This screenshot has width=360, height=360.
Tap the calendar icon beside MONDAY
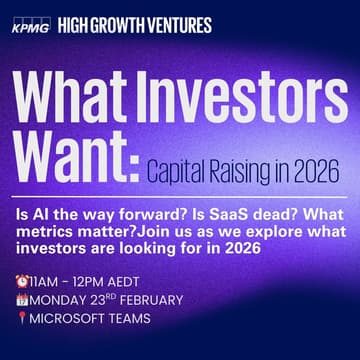click(21, 300)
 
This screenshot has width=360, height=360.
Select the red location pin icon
click(21, 318)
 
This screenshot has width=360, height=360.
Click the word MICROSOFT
click(69, 318)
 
